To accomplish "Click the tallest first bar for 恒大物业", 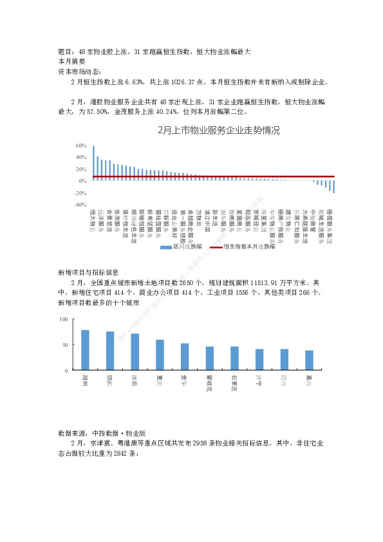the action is (x=93, y=163).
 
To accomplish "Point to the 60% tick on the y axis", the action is (x=81, y=145).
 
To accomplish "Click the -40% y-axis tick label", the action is (x=80, y=204).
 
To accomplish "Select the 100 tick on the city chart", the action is (x=63, y=319).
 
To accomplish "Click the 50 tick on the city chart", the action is (x=64, y=345).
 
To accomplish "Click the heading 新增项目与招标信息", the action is (x=88, y=273).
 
